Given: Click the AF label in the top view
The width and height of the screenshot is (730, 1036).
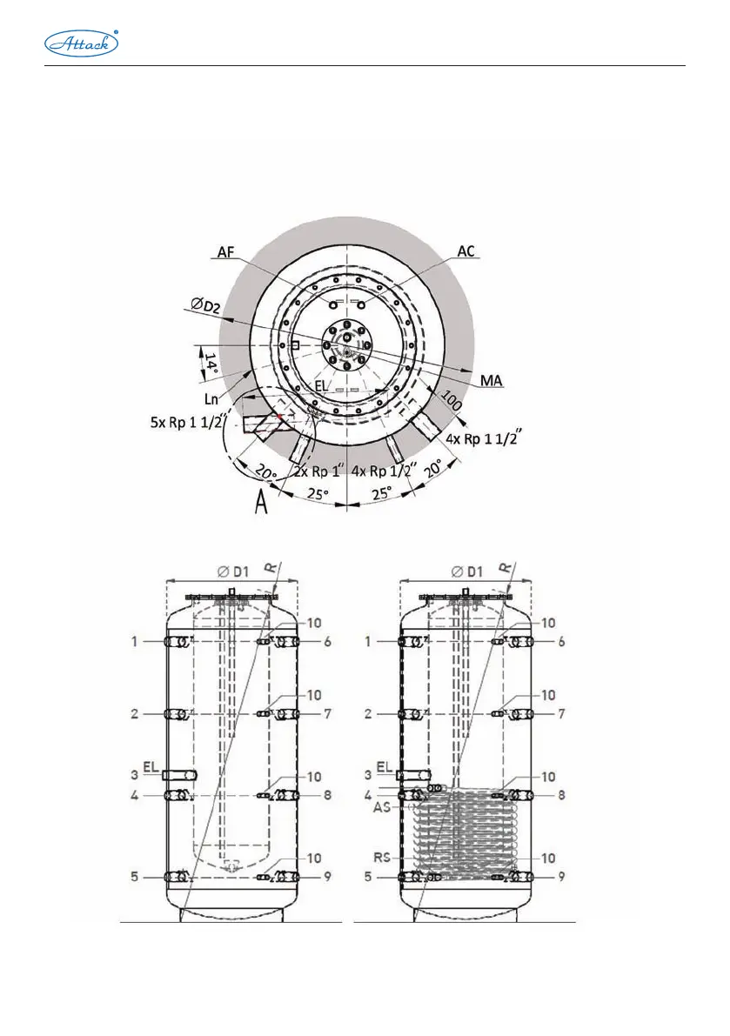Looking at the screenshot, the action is [x=224, y=251].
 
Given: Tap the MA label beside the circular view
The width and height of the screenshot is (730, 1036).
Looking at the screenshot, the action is [x=493, y=380].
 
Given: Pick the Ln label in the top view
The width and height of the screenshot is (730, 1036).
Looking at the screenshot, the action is [x=211, y=399].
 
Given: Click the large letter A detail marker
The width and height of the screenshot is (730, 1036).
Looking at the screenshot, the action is [x=260, y=504].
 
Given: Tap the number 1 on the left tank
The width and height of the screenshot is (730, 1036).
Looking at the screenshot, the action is [x=136, y=641].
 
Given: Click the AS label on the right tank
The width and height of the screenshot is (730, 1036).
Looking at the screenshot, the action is [x=381, y=807].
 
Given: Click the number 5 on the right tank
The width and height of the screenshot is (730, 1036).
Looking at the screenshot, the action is [x=368, y=877].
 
